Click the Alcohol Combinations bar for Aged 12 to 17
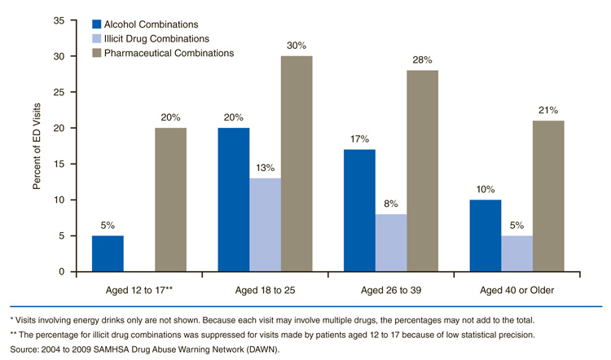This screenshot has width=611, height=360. (108, 253)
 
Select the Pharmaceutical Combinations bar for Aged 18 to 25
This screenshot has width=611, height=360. (297, 164)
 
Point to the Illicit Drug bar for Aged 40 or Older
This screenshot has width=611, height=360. (516, 253)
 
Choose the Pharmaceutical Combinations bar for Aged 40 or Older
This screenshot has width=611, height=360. (548, 195)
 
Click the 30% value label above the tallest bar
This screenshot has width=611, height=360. (297, 46)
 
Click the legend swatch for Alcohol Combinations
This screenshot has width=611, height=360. (98, 24)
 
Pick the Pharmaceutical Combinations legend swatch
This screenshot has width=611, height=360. (98, 53)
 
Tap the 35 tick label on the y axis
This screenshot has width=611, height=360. (59, 20)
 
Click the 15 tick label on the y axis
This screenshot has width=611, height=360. (59, 164)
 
